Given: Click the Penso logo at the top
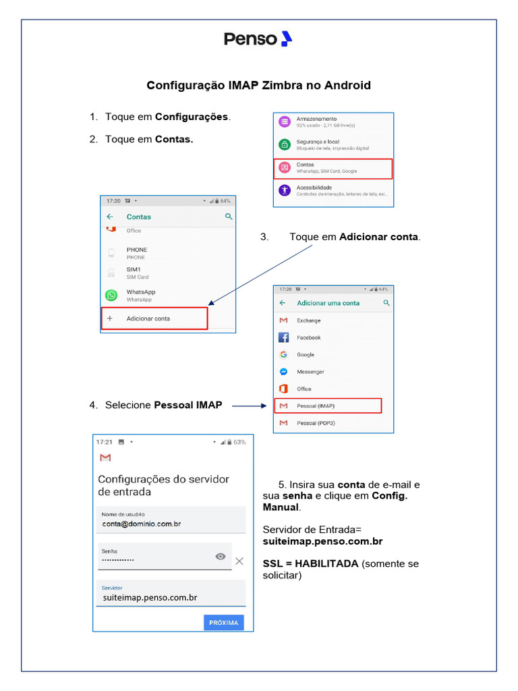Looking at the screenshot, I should pos(258,39).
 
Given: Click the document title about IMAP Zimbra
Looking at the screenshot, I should pos(259,86).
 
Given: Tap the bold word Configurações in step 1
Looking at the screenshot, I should pos(192,117).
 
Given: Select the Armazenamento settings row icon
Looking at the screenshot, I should pos(285,121).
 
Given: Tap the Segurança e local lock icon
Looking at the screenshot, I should pos(285,144).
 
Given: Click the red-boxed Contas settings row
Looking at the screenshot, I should pos(333,168).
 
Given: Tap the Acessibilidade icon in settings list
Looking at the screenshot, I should pos(285,190).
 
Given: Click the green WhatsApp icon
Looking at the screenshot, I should pos(111,295).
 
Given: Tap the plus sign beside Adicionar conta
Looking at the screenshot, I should pos(110,318).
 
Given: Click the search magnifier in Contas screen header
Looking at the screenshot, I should pos(229,217).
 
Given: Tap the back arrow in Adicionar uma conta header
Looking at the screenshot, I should pos(283,303).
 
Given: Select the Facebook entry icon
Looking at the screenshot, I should pos(284,337).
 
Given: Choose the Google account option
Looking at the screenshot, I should pos(306,354).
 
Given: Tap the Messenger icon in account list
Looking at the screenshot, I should pos(284,372).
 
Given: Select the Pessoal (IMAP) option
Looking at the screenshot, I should pos(328,406).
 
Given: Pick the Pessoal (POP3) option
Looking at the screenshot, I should pos(316,423).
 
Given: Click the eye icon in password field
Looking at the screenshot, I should pos(221,557).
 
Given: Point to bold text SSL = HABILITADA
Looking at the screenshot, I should pos(310,563).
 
